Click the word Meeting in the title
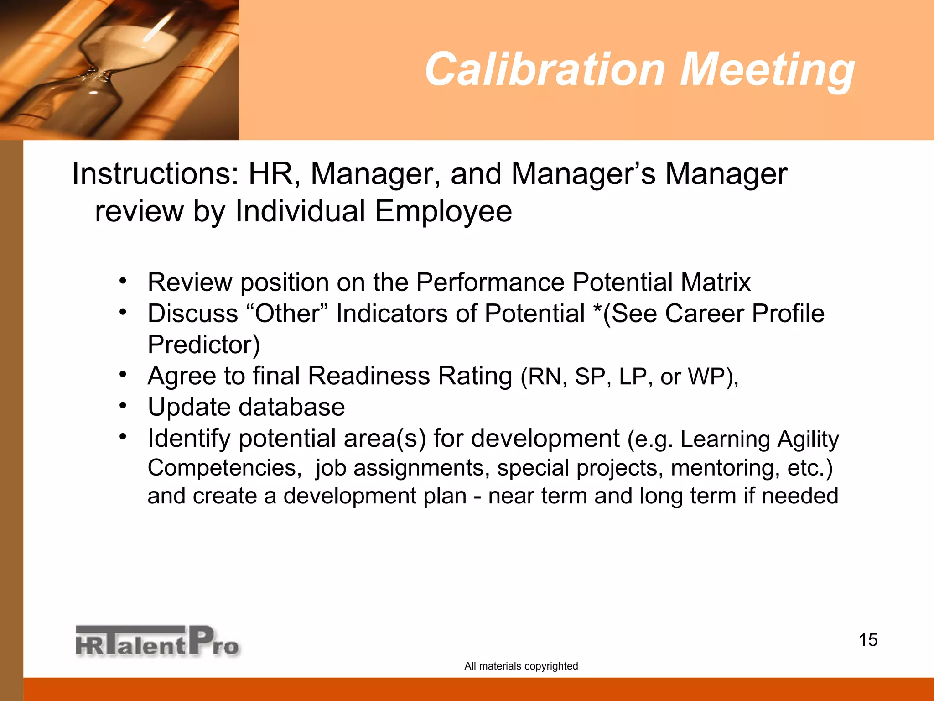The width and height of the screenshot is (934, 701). [x=767, y=69]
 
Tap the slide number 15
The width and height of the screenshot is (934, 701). [x=868, y=640]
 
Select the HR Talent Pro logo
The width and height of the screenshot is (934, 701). [x=157, y=641]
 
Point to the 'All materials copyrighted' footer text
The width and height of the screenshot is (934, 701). [x=521, y=666]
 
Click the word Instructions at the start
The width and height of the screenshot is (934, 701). [x=155, y=174]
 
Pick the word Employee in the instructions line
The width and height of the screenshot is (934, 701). [x=443, y=211]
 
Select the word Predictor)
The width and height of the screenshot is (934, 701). [x=204, y=345]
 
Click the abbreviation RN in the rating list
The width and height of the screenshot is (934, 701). [x=544, y=377]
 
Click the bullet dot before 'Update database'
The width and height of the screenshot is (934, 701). [x=123, y=405]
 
